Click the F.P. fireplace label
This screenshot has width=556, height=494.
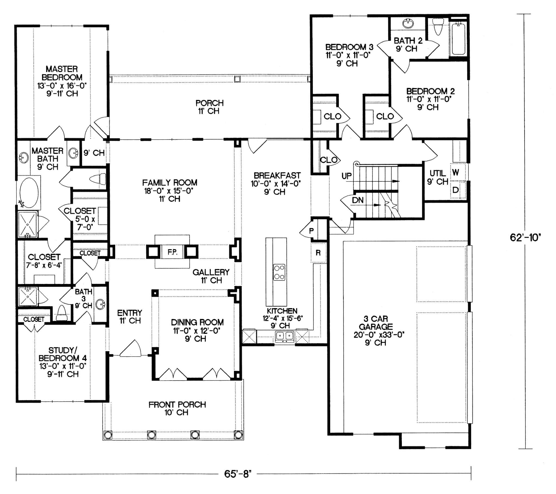click(x=172, y=252)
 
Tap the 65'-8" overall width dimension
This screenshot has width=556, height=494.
click(x=237, y=474)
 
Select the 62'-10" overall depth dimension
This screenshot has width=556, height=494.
click(x=525, y=238)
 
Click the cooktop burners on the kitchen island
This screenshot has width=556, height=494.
click(x=279, y=272)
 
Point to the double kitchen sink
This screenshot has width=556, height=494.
click(x=285, y=336)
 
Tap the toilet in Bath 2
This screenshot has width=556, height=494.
click(x=438, y=27)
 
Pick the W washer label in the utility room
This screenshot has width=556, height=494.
click(x=456, y=172)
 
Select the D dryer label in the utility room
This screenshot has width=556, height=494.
click(x=456, y=190)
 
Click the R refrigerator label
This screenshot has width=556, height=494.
click(x=318, y=253)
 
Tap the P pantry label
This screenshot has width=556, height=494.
click(x=311, y=231)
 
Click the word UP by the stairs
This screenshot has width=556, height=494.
click(x=346, y=176)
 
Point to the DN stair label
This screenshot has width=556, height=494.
click(x=358, y=200)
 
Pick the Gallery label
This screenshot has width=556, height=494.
click(x=211, y=272)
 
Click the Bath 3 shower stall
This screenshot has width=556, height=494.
click(x=28, y=296)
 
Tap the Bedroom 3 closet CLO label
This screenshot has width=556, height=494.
click(x=332, y=116)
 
